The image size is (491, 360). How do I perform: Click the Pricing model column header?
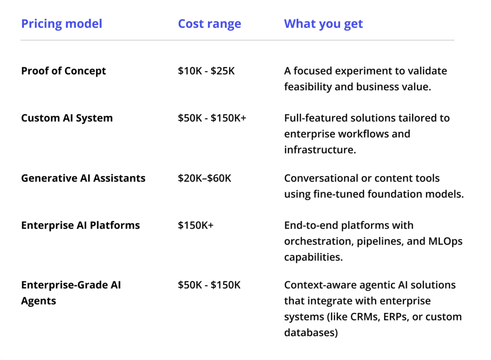[x=62, y=24]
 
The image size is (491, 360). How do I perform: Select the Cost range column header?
[x=210, y=24]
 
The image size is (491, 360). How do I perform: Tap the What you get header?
[x=324, y=24]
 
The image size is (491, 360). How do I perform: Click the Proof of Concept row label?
[x=64, y=71]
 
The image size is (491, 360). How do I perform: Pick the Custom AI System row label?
[x=67, y=118]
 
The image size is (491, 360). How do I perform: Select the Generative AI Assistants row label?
[x=83, y=178]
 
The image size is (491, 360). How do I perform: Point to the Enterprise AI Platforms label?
[x=81, y=225]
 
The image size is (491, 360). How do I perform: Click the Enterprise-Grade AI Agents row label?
[x=71, y=293]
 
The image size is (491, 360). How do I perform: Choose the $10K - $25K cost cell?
[x=206, y=71]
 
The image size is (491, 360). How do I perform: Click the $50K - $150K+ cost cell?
[x=212, y=118]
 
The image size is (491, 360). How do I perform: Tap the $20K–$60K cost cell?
[x=204, y=178]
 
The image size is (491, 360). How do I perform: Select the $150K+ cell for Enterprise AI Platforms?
[x=196, y=225]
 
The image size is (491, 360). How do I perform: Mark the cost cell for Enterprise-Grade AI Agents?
[x=209, y=285]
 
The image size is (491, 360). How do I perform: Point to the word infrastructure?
[x=320, y=150]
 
